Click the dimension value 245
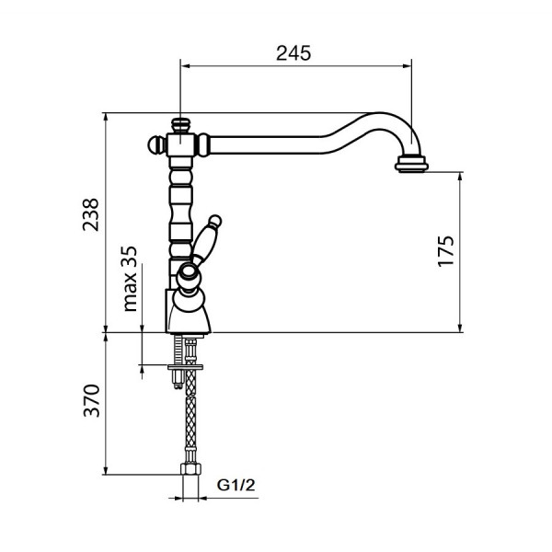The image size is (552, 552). tap(293, 53)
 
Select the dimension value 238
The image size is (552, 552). tap(90, 214)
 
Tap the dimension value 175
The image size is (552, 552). tap(446, 251)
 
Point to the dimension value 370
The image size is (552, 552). tap(91, 400)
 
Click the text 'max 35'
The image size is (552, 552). tap(130, 279)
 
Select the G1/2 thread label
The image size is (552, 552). tap(236, 485)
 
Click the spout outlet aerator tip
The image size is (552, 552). tap(411, 164)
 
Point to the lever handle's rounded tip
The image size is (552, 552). tap(214, 221)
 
